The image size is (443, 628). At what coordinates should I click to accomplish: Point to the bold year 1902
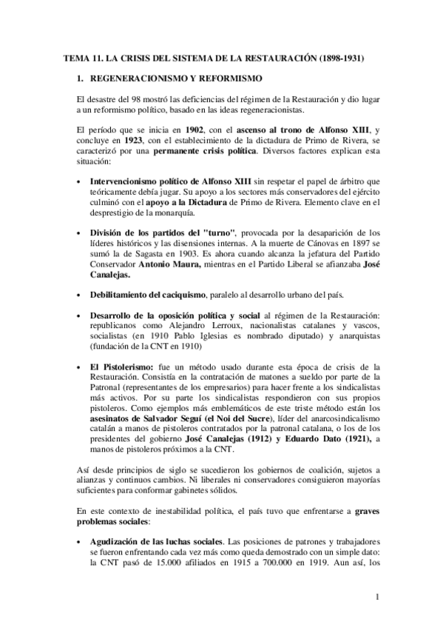click(x=195, y=129)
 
